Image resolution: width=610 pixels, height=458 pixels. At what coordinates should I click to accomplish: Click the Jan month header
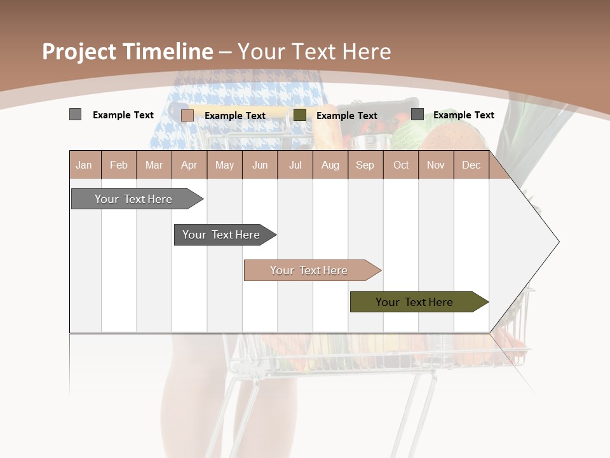coord(84,165)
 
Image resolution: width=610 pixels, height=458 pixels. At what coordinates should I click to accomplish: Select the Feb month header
coord(119,165)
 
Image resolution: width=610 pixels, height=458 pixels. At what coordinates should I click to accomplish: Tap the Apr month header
coord(189,165)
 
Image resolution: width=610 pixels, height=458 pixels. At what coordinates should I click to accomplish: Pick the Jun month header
coord(260,165)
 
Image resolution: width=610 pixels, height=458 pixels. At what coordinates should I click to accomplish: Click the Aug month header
coord(330,165)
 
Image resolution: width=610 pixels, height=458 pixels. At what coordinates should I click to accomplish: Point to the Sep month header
coord(365,165)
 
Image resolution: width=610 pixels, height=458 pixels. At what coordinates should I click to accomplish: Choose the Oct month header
coord(401,165)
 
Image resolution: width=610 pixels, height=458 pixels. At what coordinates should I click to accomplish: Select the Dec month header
coord(471,165)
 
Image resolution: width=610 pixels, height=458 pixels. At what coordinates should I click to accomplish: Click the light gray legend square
coord(75,114)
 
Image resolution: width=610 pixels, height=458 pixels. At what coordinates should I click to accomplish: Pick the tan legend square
coord(187,115)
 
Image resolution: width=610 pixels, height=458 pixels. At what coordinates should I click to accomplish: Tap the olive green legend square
coord(300,114)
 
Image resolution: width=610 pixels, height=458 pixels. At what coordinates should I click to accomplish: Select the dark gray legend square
coord(417,114)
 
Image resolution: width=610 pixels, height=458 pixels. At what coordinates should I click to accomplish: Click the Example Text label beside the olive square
coord(346,116)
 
